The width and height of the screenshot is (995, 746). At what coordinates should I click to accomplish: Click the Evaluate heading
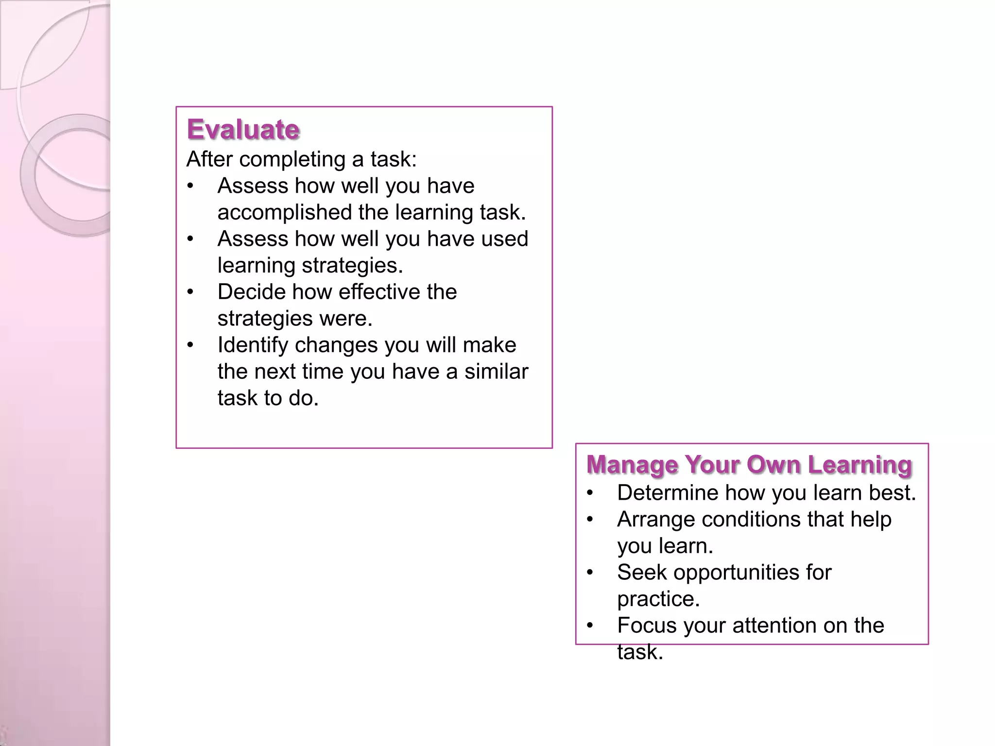[243, 130]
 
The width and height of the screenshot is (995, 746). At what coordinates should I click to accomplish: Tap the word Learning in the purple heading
[860, 464]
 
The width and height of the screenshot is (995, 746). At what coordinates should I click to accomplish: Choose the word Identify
[252, 345]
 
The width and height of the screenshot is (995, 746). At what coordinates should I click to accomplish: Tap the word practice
[658, 599]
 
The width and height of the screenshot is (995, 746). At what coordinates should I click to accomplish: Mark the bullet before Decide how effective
[190, 292]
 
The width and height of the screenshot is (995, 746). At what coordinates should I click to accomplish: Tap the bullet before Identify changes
[190, 345]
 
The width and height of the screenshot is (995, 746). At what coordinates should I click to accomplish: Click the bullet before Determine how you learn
[590, 493]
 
